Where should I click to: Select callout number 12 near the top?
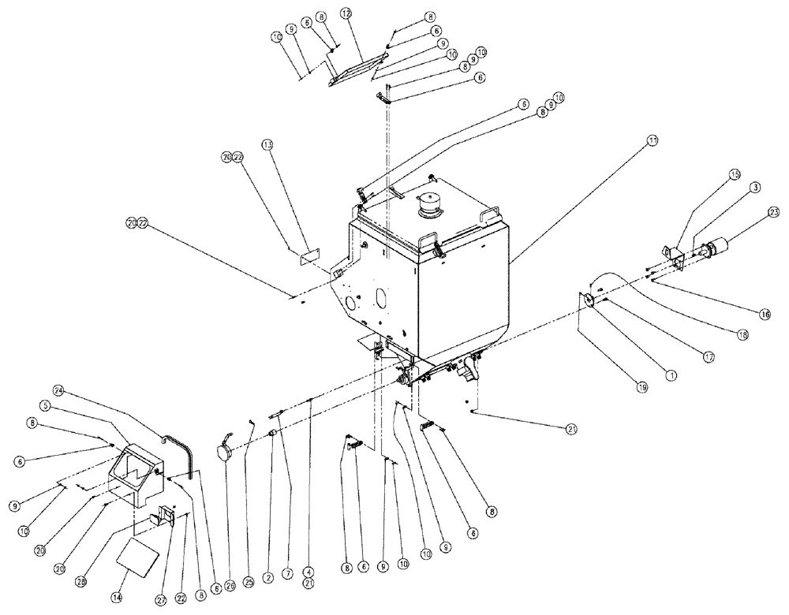[346, 13]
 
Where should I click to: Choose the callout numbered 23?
[773, 211]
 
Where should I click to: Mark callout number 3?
[754, 187]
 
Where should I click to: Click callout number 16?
[765, 314]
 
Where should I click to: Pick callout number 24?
[58, 390]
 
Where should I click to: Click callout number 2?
[267, 578]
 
